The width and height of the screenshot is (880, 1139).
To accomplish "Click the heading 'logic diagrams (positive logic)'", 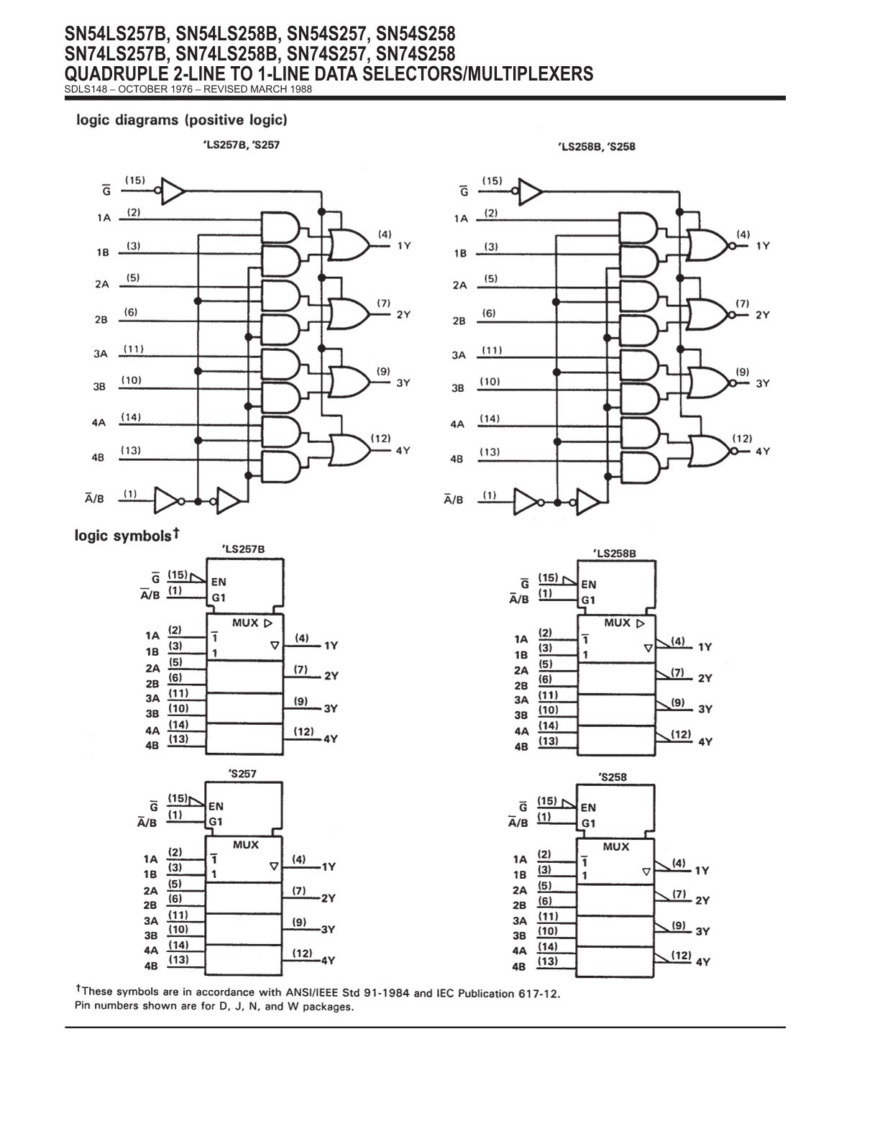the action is [182, 120].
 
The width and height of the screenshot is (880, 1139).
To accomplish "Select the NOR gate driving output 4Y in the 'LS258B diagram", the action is [710, 451].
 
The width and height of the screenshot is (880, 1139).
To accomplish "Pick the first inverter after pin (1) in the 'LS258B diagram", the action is [526, 502].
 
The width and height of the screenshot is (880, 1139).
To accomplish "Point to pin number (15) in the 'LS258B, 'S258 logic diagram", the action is [492, 180].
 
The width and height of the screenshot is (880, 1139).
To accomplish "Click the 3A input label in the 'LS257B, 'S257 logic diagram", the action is [101, 354].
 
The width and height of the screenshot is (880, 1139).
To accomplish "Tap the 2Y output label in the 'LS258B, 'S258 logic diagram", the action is [763, 315].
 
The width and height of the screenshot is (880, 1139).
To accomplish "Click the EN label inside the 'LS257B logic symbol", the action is [219, 582].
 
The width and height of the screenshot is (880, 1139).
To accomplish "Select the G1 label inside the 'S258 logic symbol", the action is [589, 823].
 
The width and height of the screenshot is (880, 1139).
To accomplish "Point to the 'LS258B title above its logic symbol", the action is [615, 553].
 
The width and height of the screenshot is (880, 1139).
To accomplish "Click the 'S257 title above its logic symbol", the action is [243, 774].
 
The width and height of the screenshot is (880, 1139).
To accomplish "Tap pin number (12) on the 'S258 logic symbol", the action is [681, 955].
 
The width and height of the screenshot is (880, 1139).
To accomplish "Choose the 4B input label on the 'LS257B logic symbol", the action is [152, 745].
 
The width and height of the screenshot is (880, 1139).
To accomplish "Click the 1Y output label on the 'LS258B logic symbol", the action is [705, 647].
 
